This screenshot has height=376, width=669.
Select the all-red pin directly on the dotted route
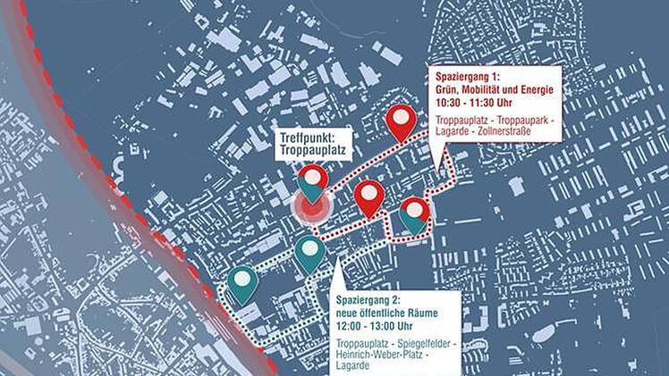pos(368,196)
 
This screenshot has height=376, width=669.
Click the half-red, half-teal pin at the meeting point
pos(312,182)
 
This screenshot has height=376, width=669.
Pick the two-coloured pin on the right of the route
pos(413,214)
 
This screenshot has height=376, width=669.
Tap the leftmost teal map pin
pos(242,284)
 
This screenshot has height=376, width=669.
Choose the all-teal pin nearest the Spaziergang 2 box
pos(309,253)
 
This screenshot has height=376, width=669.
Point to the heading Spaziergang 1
pos(468,74)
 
